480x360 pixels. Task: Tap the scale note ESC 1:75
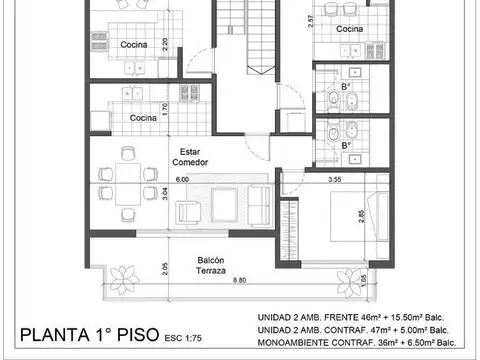coord(182,338)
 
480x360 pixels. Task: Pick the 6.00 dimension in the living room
coord(182,180)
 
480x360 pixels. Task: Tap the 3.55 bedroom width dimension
coord(336,180)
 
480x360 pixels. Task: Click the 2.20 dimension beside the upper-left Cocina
coord(164,46)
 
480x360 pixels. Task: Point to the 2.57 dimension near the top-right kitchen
coord(311,20)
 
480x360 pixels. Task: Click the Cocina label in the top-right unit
coord(349,29)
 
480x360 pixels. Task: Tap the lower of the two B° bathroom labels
coord(346,146)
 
